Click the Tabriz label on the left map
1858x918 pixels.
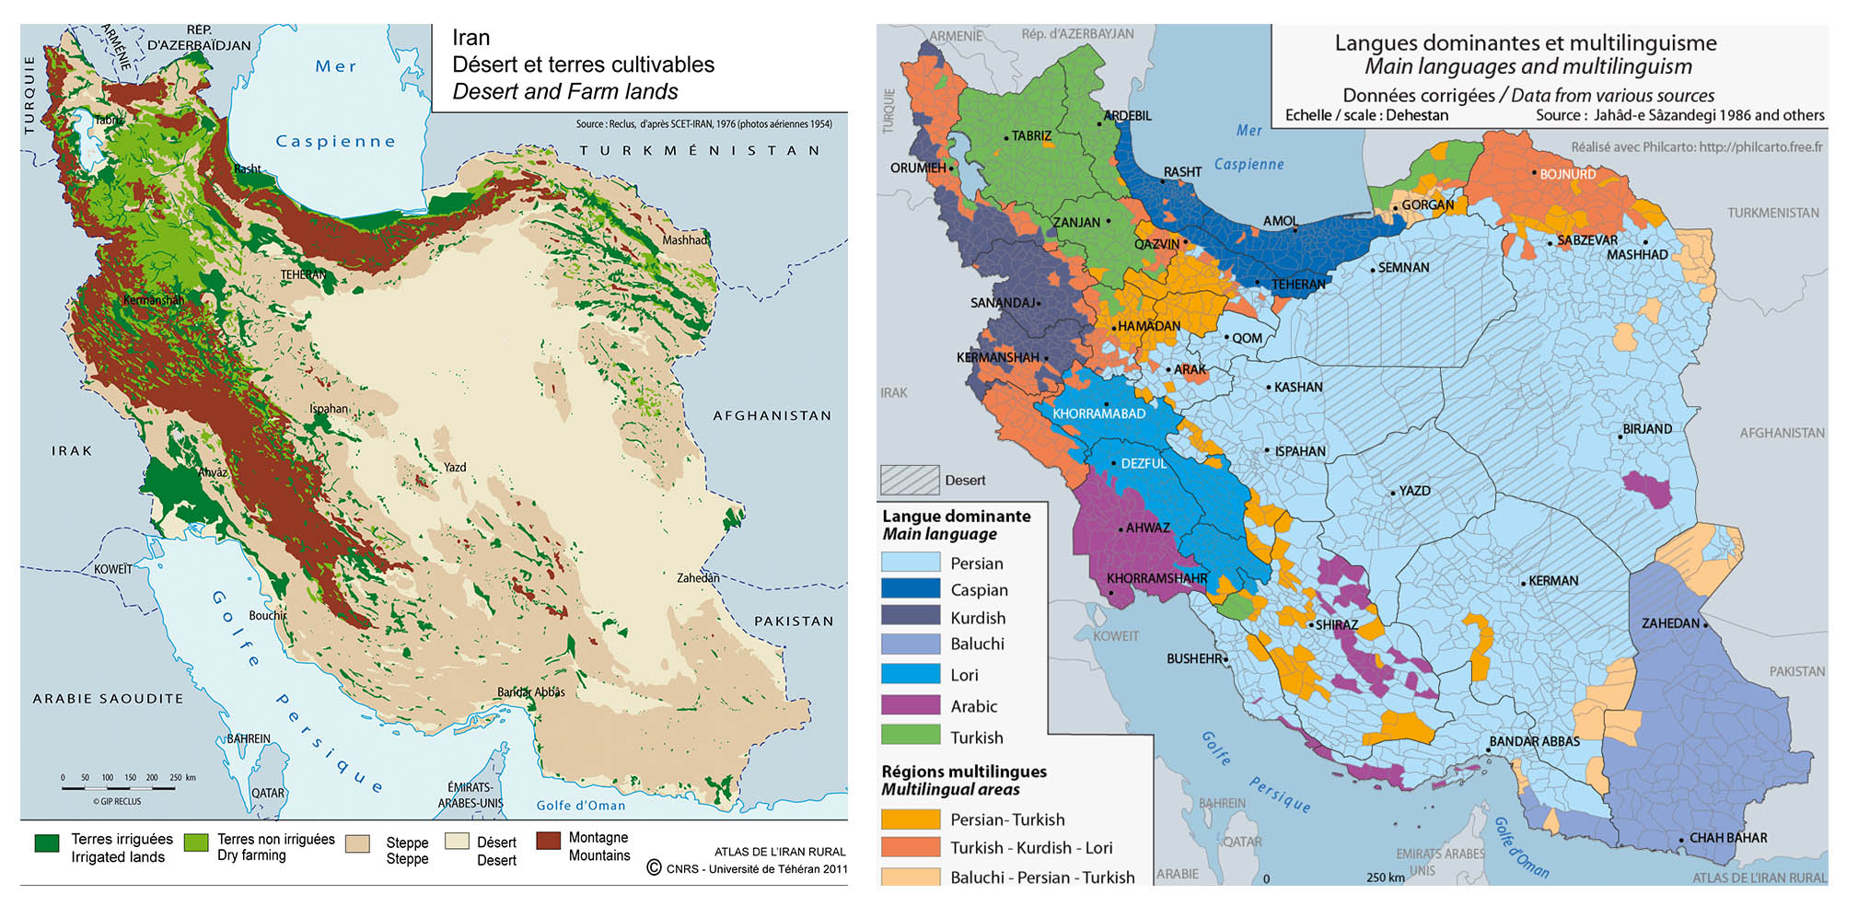click(108, 120)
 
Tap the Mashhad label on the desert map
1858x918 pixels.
click(685, 240)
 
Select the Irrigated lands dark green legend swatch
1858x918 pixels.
click(47, 842)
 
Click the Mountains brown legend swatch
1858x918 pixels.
click(549, 841)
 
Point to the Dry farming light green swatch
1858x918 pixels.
click(196, 842)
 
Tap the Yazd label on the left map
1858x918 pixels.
click(455, 468)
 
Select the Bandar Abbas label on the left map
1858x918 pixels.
click(530, 692)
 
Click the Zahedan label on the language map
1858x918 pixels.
click(1670, 623)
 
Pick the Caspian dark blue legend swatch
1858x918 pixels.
click(910, 589)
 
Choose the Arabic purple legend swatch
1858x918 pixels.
click(910, 705)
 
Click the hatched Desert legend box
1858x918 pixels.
click(910, 480)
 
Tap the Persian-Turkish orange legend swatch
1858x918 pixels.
click(910, 819)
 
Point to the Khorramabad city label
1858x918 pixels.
click(1098, 413)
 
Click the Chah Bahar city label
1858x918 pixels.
click(1727, 838)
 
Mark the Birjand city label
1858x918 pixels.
click(1647, 429)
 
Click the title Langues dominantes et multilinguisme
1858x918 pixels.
click(1525, 42)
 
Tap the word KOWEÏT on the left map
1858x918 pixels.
click(112, 569)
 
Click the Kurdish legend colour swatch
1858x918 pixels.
click(910, 617)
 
